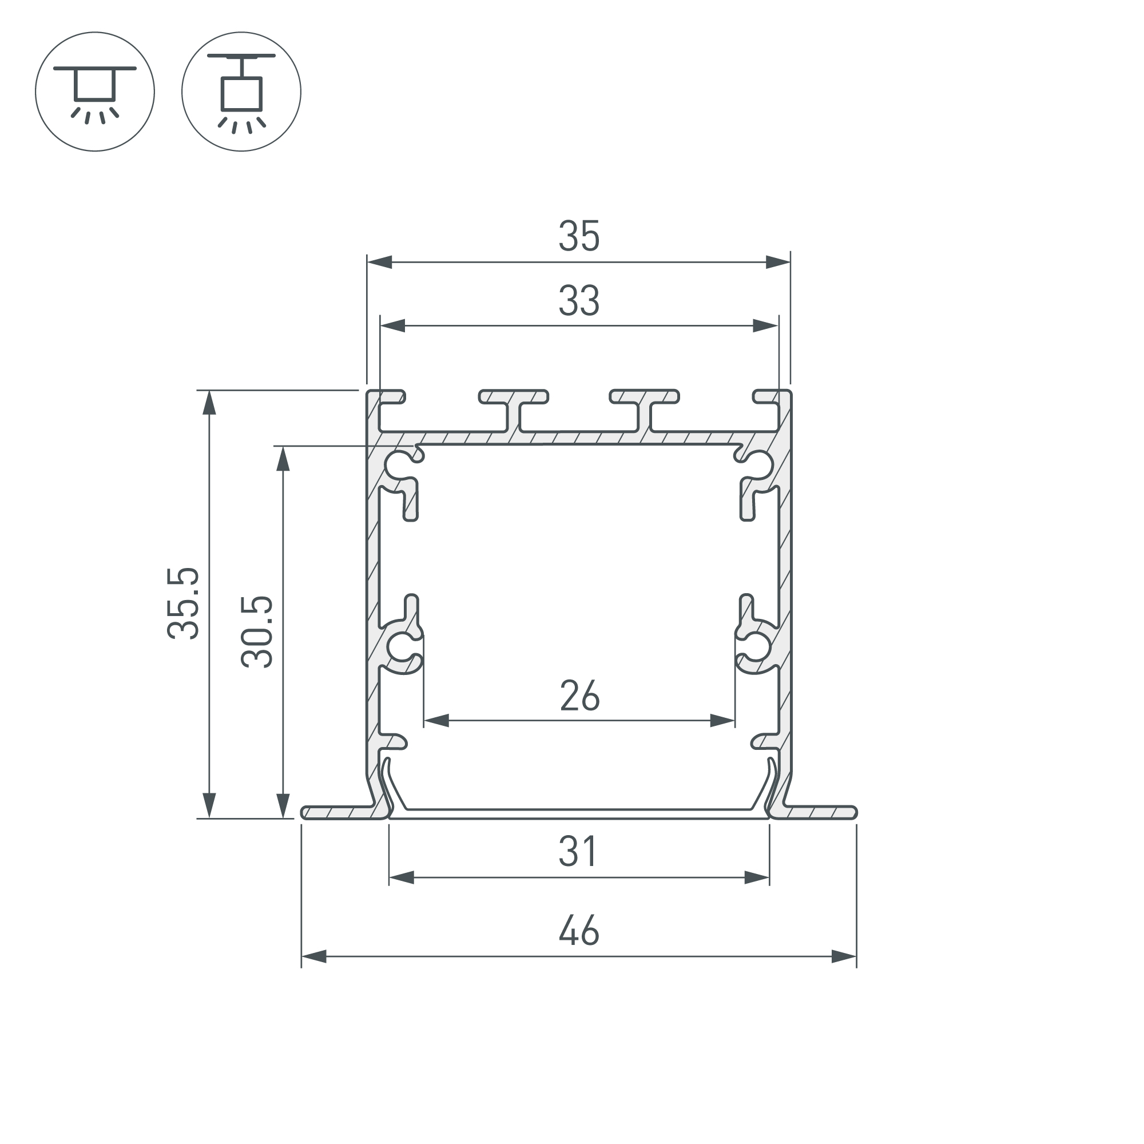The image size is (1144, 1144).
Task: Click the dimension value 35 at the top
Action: tap(578, 236)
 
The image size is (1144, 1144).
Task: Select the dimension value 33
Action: tap(578, 300)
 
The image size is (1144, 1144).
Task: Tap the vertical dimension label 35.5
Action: tap(183, 603)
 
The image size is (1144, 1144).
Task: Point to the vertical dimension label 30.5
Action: tap(257, 632)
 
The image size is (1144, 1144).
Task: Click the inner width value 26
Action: tap(579, 696)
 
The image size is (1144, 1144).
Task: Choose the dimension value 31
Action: tap(578, 852)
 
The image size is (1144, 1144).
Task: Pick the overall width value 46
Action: tap(578, 931)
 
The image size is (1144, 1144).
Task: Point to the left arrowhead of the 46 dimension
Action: tap(314, 956)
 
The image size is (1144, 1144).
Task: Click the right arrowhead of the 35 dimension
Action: tap(777, 262)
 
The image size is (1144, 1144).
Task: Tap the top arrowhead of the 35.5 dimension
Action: tap(208, 403)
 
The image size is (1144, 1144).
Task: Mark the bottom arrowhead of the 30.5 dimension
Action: tap(283, 806)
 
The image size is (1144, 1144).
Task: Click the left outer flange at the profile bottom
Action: tap(337, 812)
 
